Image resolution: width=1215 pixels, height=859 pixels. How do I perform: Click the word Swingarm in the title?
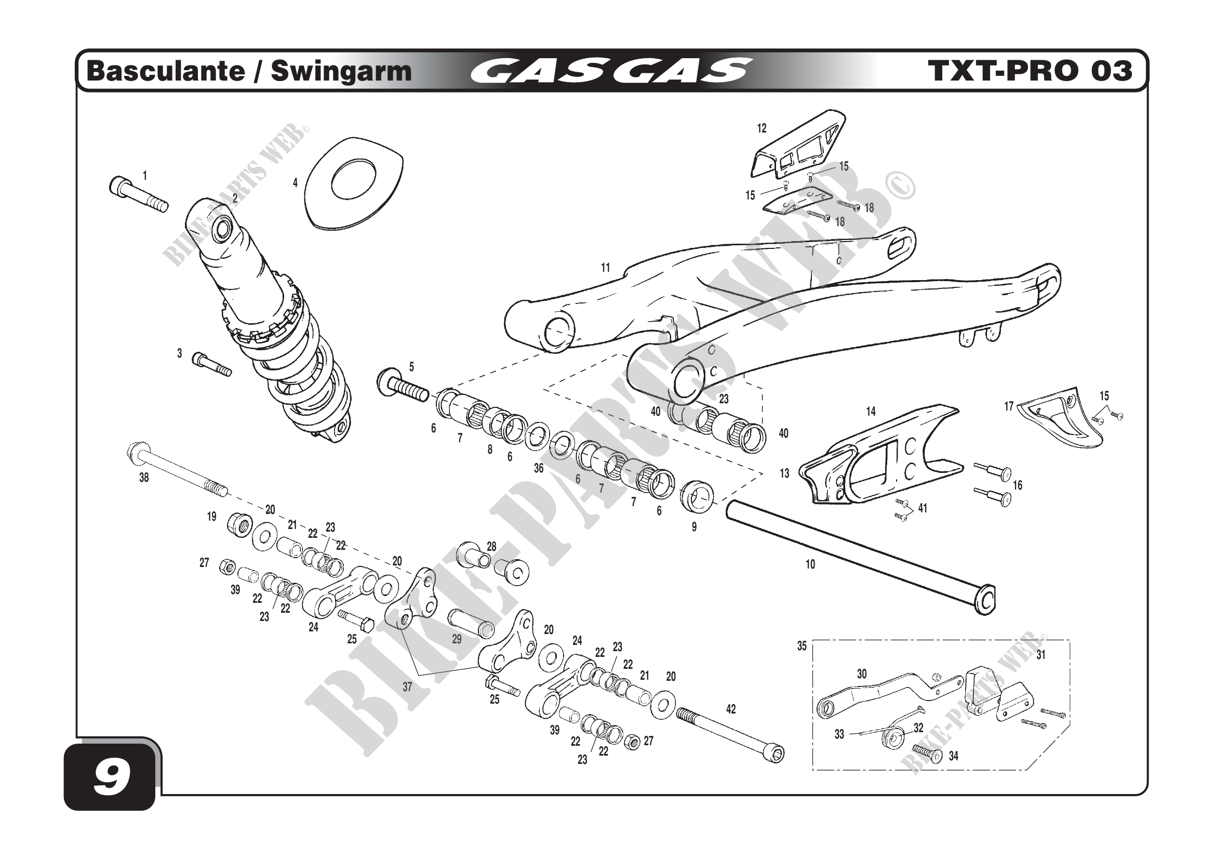341,71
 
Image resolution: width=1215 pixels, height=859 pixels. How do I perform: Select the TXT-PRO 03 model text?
1030,71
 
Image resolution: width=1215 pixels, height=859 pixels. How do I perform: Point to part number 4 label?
295,182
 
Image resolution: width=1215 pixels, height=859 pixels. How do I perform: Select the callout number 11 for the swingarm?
605,268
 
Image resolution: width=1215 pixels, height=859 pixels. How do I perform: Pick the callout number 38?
144,478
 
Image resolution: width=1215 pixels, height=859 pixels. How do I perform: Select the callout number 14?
871,411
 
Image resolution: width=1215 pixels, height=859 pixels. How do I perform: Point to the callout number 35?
802,646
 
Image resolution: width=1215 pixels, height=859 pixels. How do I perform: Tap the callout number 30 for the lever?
861,674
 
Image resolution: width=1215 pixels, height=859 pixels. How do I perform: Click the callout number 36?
538,468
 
